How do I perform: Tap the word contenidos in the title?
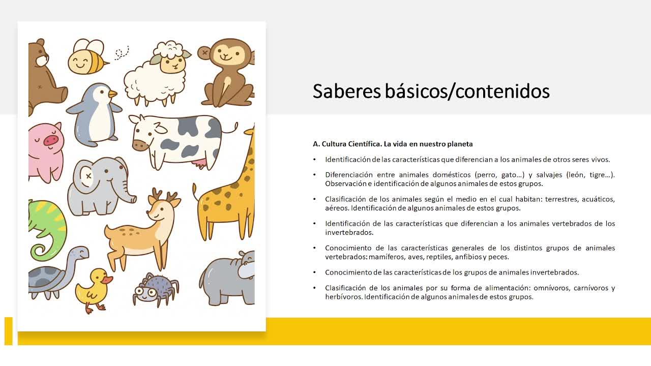[x=502, y=91]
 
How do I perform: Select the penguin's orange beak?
[x=112, y=94]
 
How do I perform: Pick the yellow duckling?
[x=94, y=290]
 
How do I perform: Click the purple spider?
[x=156, y=289]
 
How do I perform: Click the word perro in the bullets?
[x=484, y=175]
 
